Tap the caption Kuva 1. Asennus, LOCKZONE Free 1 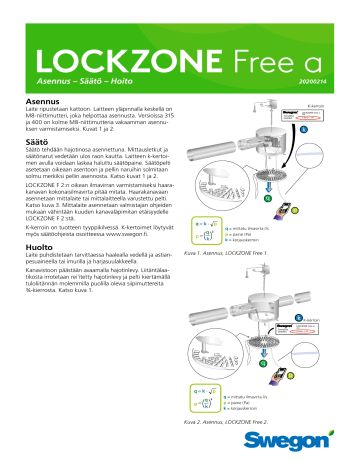(228, 257)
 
